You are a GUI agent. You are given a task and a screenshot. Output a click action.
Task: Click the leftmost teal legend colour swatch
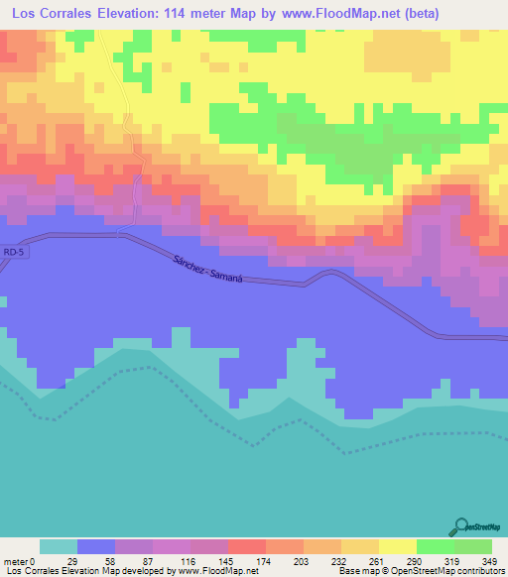58,546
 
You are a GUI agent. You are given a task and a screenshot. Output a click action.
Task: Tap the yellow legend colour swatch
397,546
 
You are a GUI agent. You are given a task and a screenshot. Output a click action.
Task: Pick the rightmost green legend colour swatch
473,546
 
